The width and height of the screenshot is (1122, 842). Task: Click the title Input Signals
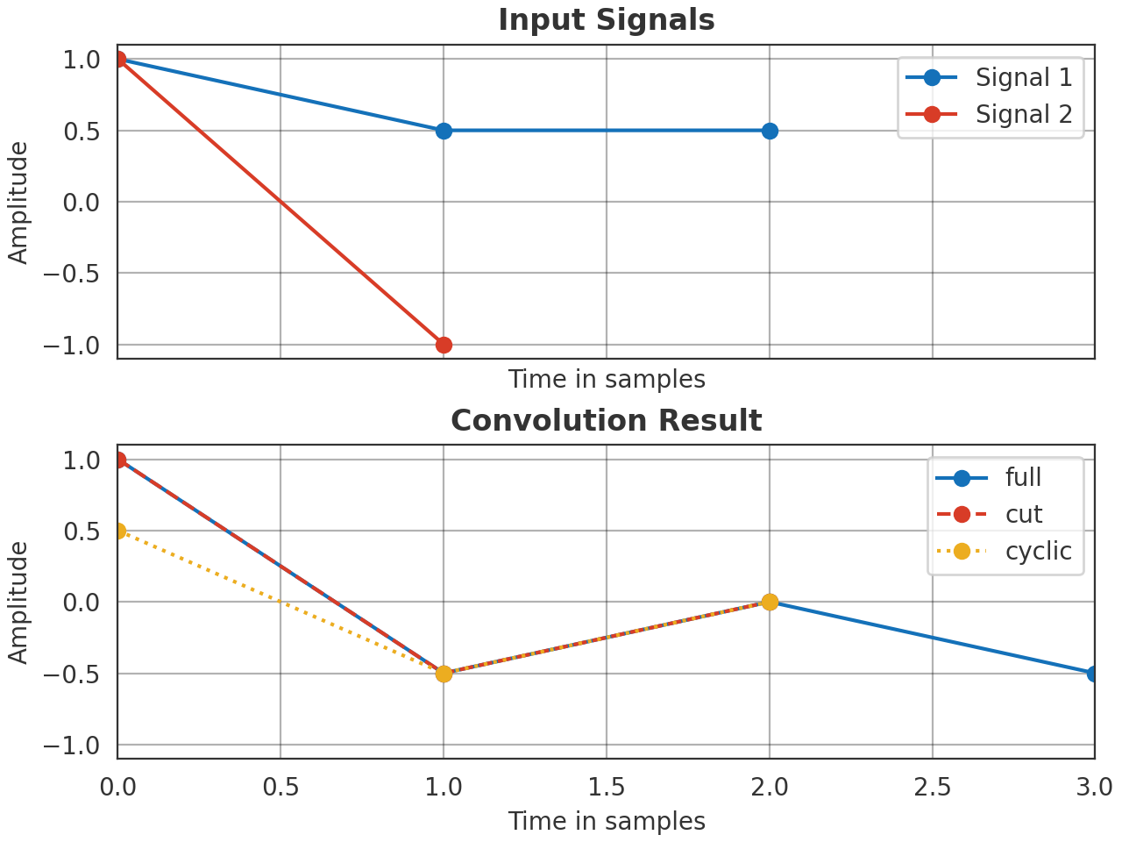click(607, 20)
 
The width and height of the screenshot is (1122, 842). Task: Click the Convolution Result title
click(607, 421)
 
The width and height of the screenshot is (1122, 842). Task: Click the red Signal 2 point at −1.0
click(444, 345)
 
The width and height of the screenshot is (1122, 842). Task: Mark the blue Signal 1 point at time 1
click(444, 131)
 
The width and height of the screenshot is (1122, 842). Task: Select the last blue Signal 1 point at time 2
click(770, 131)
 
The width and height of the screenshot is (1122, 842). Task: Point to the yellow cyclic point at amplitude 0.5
click(118, 531)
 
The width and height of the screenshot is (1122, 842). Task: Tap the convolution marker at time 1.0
click(444, 674)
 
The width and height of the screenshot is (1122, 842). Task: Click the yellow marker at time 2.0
click(770, 602)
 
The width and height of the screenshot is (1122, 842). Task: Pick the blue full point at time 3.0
click(1094, 674)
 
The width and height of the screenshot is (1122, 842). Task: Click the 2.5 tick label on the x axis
click(932, 788)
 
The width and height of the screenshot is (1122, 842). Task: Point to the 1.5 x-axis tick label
click(607, 788)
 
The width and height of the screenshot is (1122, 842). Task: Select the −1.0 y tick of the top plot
click(78, 345)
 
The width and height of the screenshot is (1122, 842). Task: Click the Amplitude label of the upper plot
click(18, 203)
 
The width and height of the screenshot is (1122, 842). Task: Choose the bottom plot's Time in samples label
click(607, 822)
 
